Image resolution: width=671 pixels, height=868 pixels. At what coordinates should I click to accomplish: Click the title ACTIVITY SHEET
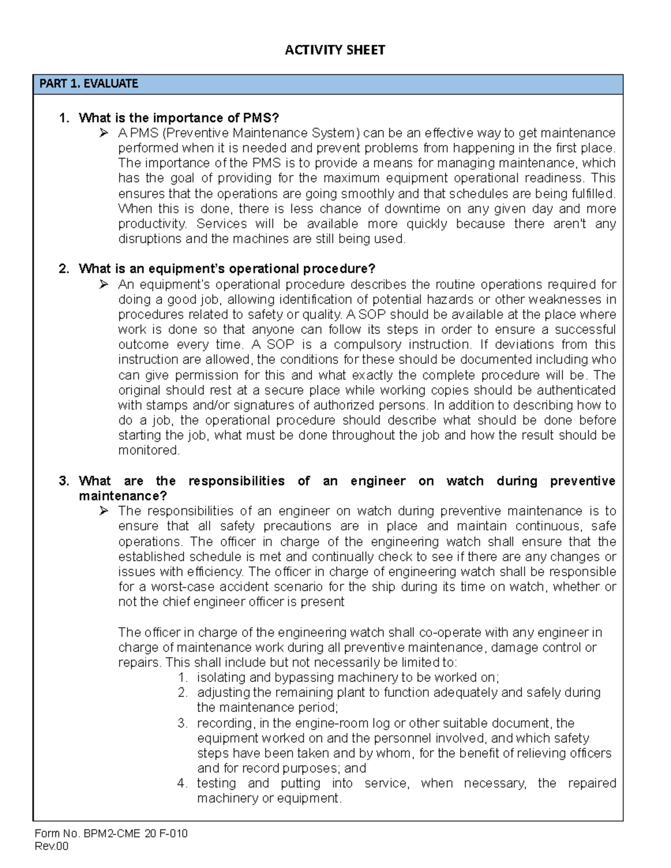(x=334, y=50)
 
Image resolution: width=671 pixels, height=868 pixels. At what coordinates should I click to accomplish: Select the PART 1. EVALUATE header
(x=88, y=84)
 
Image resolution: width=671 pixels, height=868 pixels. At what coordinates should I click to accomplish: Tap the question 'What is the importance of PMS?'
(x=178, y=118)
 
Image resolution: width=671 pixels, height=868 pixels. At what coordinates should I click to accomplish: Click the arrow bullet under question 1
(x=103, y=133)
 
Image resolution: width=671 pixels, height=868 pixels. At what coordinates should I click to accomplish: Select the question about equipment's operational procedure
(x=226, y=269)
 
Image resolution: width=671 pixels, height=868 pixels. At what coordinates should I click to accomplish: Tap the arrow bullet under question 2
(x=103, y=284)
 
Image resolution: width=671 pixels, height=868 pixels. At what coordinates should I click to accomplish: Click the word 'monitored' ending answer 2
(x=148, y=450)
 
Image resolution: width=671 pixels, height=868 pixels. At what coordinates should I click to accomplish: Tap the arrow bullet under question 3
(x=103, y=511)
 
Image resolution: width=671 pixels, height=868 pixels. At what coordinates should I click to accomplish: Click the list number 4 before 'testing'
(x=182, y=784)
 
